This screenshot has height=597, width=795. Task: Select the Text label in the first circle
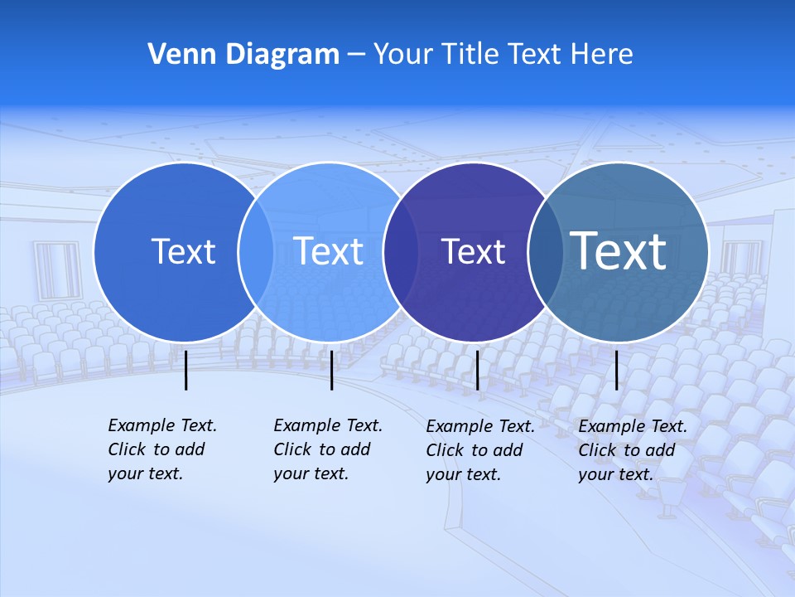(x=183, y=251)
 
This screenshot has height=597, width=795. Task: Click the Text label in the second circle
(x=329, y=251)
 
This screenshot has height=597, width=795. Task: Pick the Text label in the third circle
(x=473, y=251)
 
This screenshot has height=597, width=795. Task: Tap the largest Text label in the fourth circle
(x=619, y=250)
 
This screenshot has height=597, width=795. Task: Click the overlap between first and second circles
(x=256, y=251)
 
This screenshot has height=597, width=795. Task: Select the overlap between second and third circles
(x=400, y=251)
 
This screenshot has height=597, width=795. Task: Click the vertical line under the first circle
(x=186, y=370)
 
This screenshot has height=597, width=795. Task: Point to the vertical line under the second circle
(x=331, y=370)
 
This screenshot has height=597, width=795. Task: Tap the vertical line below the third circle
(x=477, y=370)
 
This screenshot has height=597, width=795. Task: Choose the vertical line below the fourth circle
(x=616, y=370)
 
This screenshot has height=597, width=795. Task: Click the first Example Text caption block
(x=162, y=449)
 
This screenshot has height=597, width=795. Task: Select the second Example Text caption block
(x=328, y=449)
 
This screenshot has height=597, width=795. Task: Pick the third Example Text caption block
(x=480, y=450)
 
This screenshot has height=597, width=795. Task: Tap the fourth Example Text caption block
(x=633, y=450)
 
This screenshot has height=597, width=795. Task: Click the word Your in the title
(x=404, y=54)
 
